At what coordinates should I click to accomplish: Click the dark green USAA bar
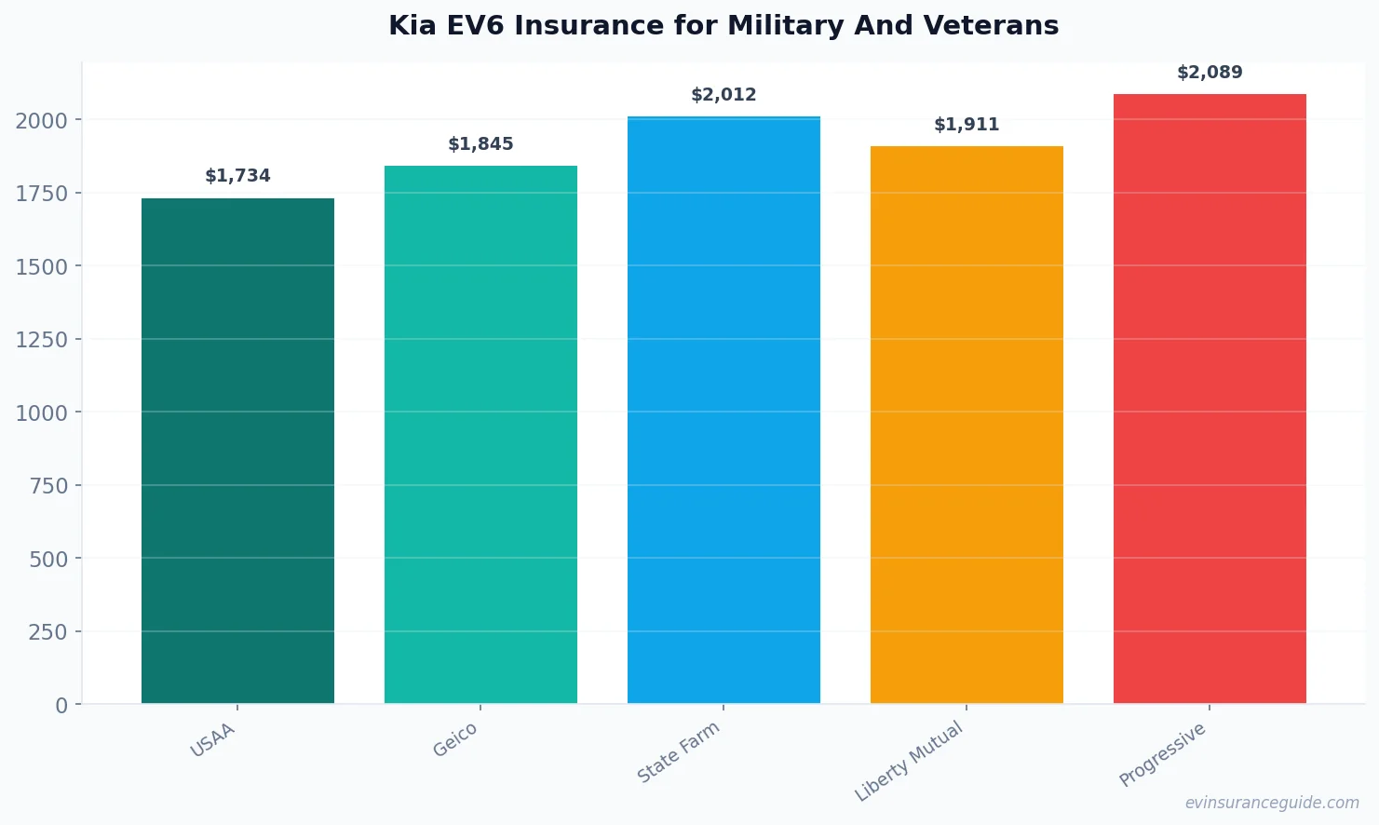pyautogui.click(x=237, y=451)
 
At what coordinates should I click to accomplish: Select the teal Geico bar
pyautogui.click(x=480, y=434)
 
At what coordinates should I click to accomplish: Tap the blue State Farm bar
pyautogui.click(x=723, y=410)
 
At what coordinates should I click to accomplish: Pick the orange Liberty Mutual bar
pyautogui.click(x=967, y=425)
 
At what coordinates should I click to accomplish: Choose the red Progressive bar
pyautogui.click(x=1210, y=399)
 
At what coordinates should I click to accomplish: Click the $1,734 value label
pyautogui.click(x=237, y=176)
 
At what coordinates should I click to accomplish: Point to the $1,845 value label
pyautogui.click(x=480, y=144)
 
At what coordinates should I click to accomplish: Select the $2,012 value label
pyautogui.click(x=723, y=95)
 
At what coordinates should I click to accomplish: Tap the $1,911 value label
pyautogui.click(x=967, y=125)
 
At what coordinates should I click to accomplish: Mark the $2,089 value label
pyautogui.click(x=1210, y=73)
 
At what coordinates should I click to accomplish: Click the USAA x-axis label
pyautogui.click(x=213, y=740)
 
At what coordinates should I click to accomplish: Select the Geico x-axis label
pyautogui.click(x=455, y=739)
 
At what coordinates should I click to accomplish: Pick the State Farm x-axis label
pyautogui.click(x=679, y=752)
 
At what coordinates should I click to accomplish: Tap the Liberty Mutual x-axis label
pyautogui.click(x=909, y=762)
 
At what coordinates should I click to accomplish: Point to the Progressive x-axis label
pyautogui.click(x=1163, y=754)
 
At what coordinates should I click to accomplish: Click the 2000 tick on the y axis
pyautogui.click(x=42, y=120)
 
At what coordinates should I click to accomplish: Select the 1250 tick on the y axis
pyautogui.click(x=42, y=340)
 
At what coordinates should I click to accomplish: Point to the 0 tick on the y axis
pyautogui.click(x=61, y=706)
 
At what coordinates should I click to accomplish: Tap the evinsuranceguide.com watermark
pyautogui.click(x=1272, y=803)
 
